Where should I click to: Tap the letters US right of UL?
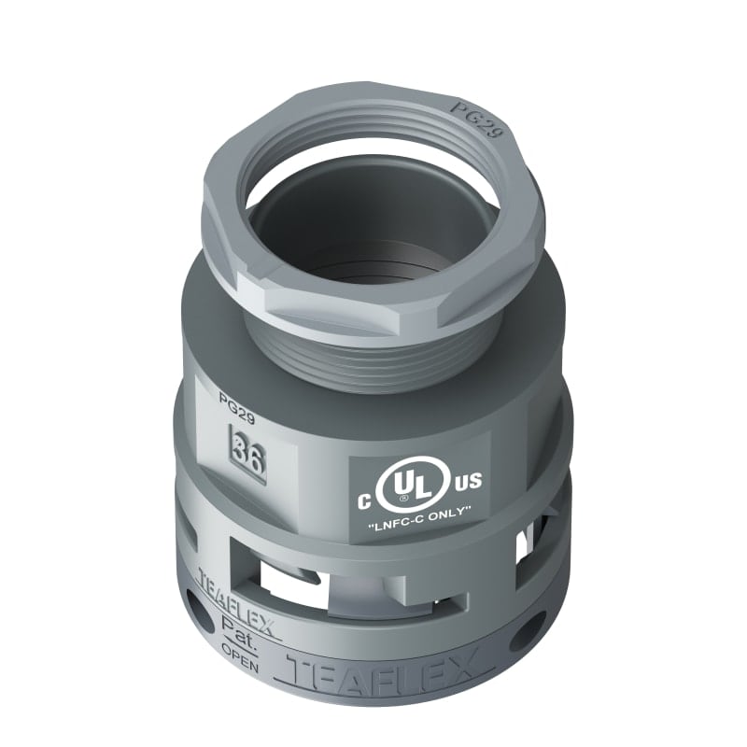[468, 482]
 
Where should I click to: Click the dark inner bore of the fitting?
[373, 233]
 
